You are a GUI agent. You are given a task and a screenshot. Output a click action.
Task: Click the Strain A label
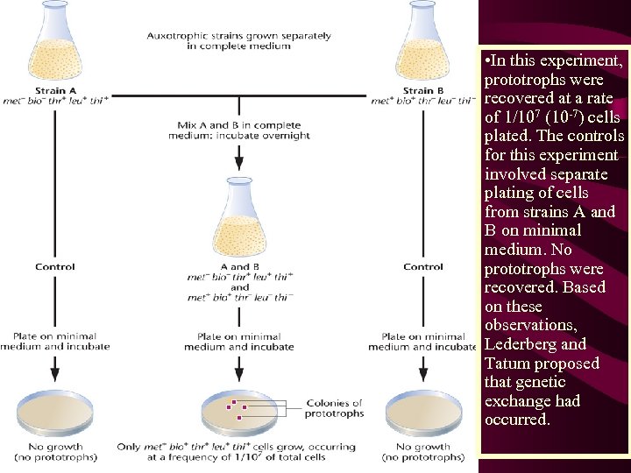(55, 89)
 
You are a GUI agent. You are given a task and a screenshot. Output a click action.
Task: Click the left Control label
(55, 266)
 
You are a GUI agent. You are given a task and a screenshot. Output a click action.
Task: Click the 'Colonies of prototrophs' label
(334, 408)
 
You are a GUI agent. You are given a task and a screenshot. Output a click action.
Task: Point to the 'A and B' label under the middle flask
(239, 266)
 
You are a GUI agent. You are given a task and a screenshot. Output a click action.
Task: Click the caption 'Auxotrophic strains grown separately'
(238, 36)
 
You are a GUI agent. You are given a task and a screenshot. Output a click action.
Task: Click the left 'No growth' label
(55, 446)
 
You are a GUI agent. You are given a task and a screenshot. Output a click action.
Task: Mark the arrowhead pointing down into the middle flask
(239, 166)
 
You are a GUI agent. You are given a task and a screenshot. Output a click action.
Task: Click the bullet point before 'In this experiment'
(486, 60)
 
